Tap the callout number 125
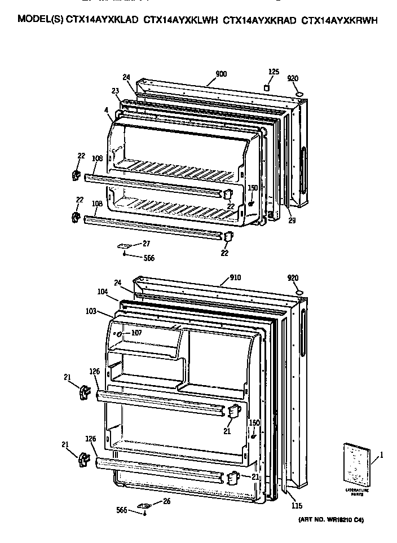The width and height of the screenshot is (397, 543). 274,72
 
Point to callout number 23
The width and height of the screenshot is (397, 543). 115,91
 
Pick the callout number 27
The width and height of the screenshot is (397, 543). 146,244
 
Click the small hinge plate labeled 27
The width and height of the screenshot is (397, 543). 124,246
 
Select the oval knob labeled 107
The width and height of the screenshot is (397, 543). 119,335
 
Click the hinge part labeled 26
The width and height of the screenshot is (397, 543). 145,505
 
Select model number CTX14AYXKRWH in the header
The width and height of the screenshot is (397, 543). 339,20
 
